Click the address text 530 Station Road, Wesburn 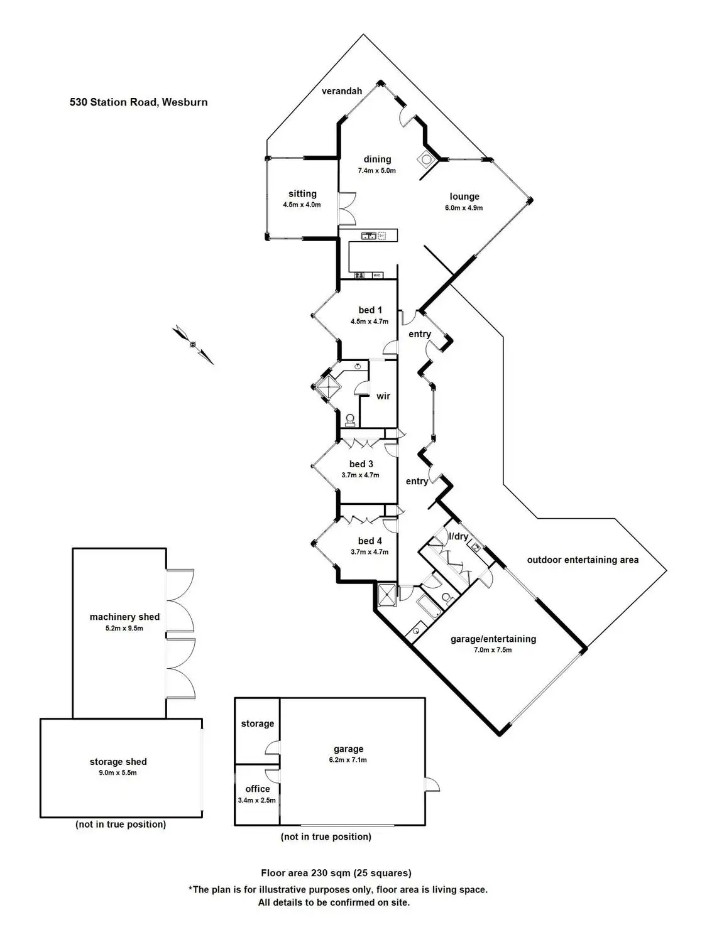138,102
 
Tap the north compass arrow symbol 194,344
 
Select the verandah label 342,91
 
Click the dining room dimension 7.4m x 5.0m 377,170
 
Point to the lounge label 464,197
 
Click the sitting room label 302,193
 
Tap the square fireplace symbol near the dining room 427,159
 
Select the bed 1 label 370,310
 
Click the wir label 383,396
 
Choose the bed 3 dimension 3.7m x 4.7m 360,475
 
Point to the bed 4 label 370,541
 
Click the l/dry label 458,536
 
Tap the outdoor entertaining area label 583,560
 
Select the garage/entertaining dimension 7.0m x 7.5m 493,650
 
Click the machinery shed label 124,617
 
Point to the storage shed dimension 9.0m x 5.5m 118,772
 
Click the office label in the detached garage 258,789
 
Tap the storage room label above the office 258,723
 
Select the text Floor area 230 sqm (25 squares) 336,872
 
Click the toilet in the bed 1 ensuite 350,420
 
